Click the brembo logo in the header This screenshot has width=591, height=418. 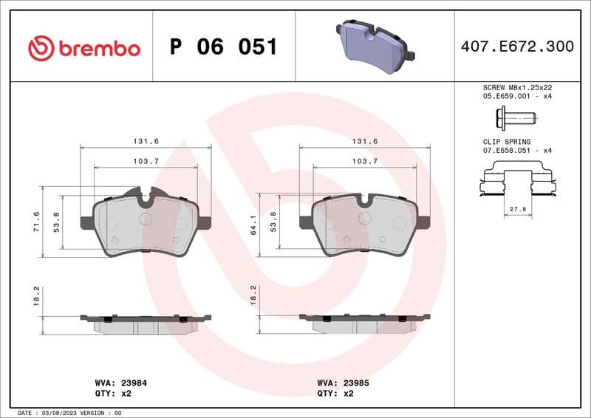click(83, 48)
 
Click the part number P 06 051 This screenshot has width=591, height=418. click(223, 47)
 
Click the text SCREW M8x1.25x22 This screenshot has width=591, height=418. click(516, 87)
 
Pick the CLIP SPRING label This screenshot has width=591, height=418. click(503, 140)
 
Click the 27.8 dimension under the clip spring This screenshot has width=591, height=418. click(518, 210)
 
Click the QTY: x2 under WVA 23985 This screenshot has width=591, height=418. click(336, 394)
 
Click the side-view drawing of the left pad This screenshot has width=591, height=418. click(146, 323)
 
